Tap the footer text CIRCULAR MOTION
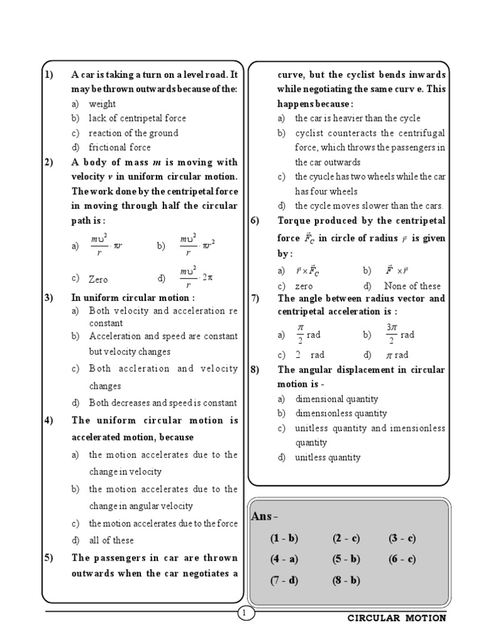[x=397, y=618]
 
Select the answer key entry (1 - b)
[x=284, y=539]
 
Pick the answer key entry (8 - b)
[x=346, y=581]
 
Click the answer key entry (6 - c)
[x=402, y=560]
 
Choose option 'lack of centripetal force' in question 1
[x=137, y=118]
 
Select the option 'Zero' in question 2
[x=99, y=279]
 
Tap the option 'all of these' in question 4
[x=111, y=540]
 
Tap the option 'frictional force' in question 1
[x=120, y=147]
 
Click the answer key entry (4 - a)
[x=284, y=560]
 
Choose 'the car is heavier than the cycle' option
[x=358, y=118]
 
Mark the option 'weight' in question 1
[x=102, y=104]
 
